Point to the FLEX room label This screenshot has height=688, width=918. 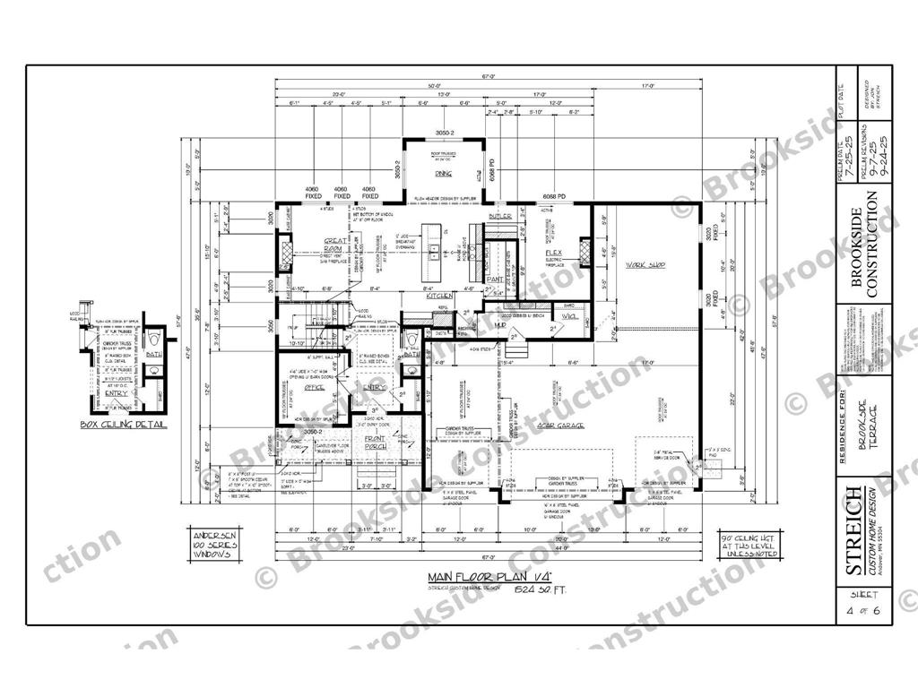point(553,254)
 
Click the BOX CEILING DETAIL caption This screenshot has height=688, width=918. point(123,424)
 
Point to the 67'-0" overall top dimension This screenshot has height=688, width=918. point(488,77)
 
